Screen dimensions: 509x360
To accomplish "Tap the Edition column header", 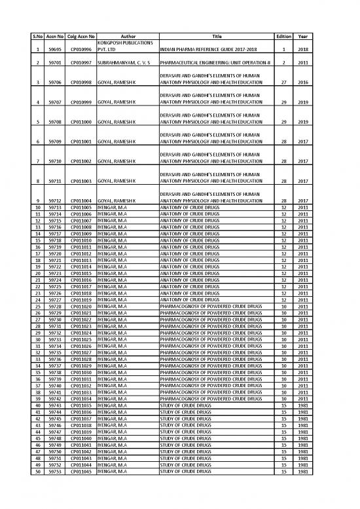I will point(283,37).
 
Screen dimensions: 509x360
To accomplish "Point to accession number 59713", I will point(54,207).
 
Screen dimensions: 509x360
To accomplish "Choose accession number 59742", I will point(54,399).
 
